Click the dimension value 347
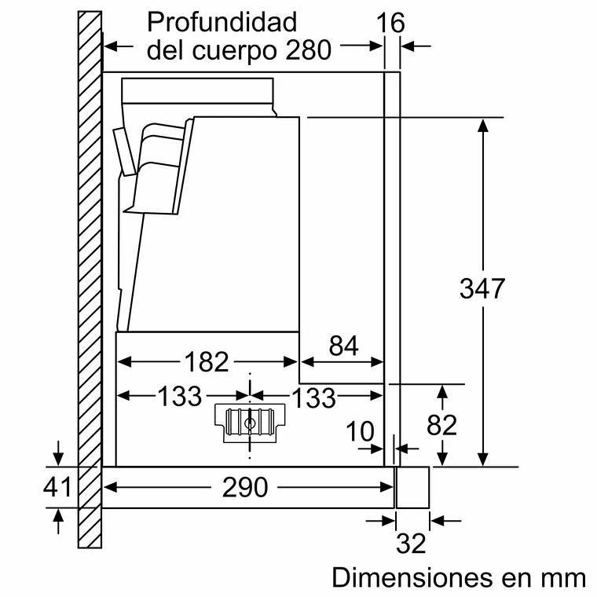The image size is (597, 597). tap(482, 288)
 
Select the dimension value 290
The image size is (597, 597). tap(245, 487)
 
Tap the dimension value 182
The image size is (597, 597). tap(206, 361)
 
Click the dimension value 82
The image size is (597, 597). tap(441, 424)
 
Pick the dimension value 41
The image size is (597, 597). tap(57, 487)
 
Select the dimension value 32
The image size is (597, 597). tap(412, 543)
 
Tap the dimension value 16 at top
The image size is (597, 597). tap(390, 23)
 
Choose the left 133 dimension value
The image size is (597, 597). tap(180, 397)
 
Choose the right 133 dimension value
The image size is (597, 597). tap(314, 397)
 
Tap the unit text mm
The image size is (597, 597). tap(562, 578)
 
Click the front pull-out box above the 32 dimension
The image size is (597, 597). tap(412, 487)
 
